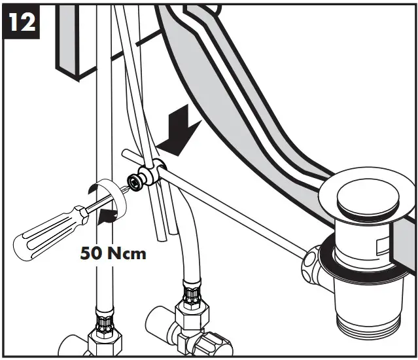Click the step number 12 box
click(21, 22)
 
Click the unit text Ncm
click(127, 253)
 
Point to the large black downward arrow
click(180, 132)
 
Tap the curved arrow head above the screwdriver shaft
click(92, 189)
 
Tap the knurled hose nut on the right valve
click(192, 295)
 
